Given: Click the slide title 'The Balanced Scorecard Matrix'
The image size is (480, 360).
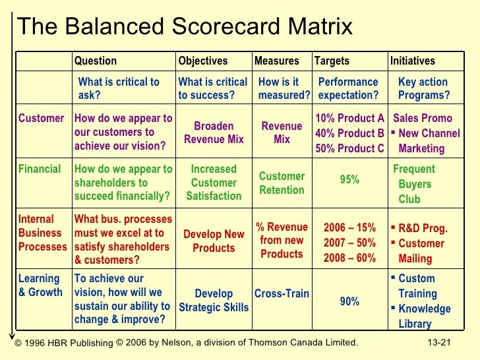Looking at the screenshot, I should pyautogui.click(x=185, y=27).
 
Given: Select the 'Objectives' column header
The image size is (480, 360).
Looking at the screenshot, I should pyautogui.click(x=202, y=61).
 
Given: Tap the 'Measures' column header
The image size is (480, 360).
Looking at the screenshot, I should pyautogui.click(x=276, y=61).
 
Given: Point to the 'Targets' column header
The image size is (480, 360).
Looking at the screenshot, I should pyautogui.click(x=332, y=61).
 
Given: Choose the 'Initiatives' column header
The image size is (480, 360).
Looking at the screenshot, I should pyautogui.click(x=413, y=61).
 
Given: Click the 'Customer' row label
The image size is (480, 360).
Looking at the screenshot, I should pyautogui.click(x=41, y=119).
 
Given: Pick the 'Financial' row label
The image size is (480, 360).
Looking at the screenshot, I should pyautogui.click(x=40, y=169).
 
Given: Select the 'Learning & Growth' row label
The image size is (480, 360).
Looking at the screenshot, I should pyautogui.click(x=40, y=285).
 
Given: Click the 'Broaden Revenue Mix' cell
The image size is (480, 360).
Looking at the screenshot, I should pyautogui.click(x=214, y=133).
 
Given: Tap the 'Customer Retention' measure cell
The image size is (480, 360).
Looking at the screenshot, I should pyautogui.click(x=282, y=183).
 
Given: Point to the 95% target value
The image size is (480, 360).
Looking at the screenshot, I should pyautogui.click(x=349, y=179).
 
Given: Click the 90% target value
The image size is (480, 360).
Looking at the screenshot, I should pyautogui.click(x=349, y=301).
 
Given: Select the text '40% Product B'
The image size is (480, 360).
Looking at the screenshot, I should pyautogui.click(x=349, y=133).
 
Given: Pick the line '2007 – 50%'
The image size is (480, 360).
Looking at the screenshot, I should pyautogui.click(x=349, y=243).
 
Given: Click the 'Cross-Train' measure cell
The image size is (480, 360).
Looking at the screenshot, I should pyautogui.click(x=282, y=293).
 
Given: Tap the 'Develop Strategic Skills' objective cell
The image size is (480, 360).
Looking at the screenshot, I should pyautogui.click(x=214, y=301).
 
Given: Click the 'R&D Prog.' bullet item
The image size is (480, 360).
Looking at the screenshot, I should pyautogui.click(x=423, y=229).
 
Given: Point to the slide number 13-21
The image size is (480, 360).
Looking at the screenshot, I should pyautogui.click(x=441, y=342).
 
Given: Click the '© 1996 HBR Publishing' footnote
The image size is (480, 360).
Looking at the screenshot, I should pyautogui.click(x=64, y=343).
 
